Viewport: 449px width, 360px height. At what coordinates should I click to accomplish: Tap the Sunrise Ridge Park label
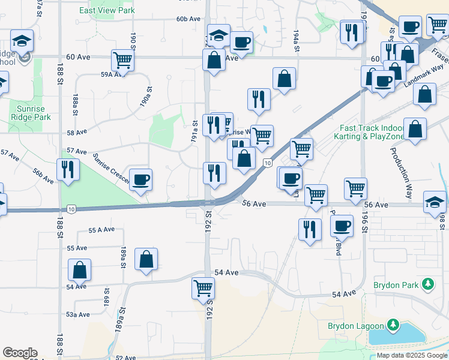tap(31, 113)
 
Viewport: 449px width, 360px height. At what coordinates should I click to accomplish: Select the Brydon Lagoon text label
tap(355, 326)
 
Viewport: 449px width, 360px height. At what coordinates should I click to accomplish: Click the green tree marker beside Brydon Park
tap(427, 284)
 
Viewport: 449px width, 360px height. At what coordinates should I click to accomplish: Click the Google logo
tap(20, 353)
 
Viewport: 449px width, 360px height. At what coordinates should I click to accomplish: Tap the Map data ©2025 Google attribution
tap(412, 355)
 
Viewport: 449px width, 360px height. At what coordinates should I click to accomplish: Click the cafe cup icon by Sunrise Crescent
tap(140, 179)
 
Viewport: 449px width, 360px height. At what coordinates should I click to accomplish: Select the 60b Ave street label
tap(188, 19)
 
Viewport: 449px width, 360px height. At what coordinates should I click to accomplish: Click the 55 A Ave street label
tap(101, 230)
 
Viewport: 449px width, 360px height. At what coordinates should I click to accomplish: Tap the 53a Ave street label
tap(77, 314)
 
